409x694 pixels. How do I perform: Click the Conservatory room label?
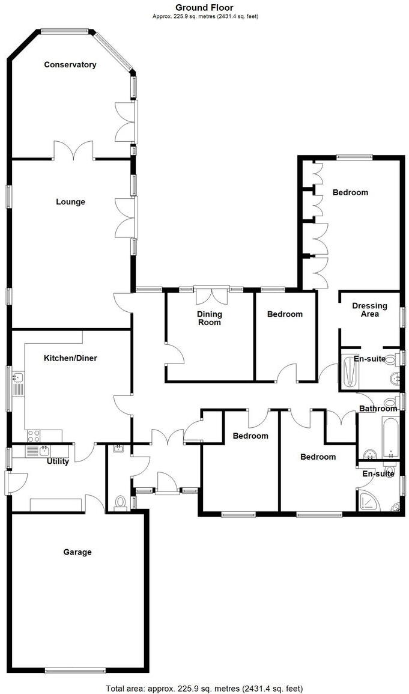pos(70,65)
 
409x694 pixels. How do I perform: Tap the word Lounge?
pos(71,202)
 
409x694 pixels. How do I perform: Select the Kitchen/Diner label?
pos(70,358)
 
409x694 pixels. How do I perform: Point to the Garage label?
pos(77,552)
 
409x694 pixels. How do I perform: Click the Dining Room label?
pos(210,318)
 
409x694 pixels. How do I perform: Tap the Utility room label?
pos(58,461)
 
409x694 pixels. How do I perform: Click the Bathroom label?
pos(378,409)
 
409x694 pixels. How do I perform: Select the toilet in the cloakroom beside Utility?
pos(120,501)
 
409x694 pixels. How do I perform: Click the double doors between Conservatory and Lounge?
pos(73,150)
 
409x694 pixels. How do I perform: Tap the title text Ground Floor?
pos(204,7)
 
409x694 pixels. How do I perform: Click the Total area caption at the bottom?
pos(204,688)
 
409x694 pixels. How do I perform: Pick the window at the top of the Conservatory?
pos(64,30)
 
